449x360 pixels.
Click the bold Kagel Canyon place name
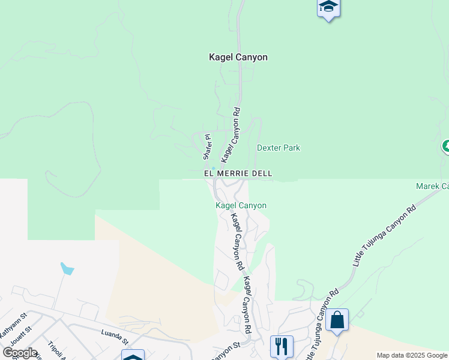[238, 57]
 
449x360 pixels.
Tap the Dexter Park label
[279, 148]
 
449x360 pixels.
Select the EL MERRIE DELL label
[238, 173]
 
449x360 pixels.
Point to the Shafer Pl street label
[208, 147]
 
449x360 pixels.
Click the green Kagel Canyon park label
[241, 205]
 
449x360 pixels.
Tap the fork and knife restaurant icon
[282, 345]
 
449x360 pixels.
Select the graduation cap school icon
[328, 7]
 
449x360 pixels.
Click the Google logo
[20, 352]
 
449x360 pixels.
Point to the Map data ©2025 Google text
[412, 355]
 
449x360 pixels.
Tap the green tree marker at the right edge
[446, 146]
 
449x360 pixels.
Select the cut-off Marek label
[432, 187]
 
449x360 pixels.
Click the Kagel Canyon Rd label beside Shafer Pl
[231, 136]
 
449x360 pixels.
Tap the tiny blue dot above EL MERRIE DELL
[213, 168]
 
